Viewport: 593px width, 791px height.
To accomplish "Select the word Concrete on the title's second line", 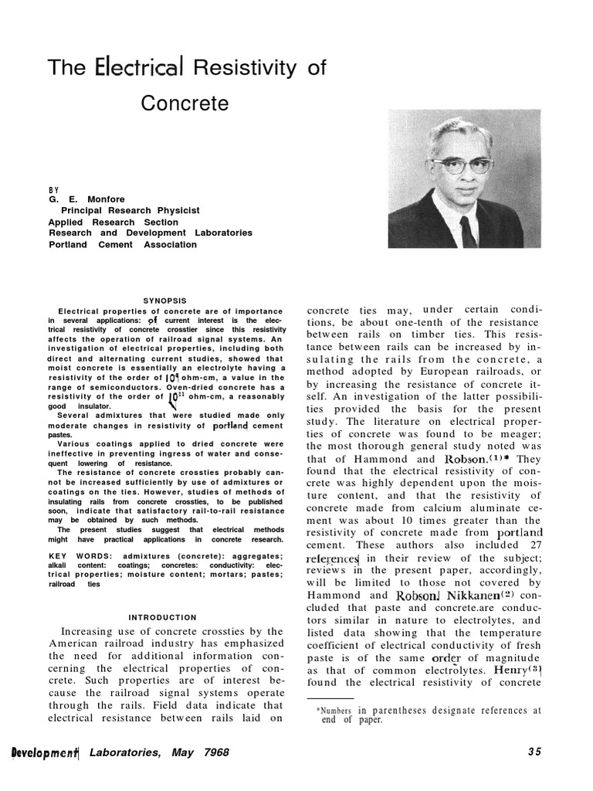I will tap(185, 103).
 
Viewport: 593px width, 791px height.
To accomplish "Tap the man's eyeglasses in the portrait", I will tap(461, 165).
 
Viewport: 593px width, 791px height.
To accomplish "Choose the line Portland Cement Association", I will tap(123, 245).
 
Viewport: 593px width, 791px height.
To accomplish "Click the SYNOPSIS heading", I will tap(166, 300).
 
